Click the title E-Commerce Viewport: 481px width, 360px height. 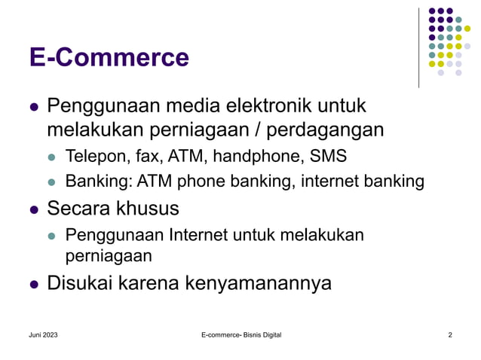[x=109, y=58]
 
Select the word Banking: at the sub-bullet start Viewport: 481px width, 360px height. [x=94, y=182]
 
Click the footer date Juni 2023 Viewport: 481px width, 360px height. [x=43, y=334]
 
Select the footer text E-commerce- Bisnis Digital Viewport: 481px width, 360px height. [x=240, y=334]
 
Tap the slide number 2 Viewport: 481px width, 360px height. [x=449, y=334]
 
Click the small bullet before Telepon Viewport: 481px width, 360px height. [x=52, y=158]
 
